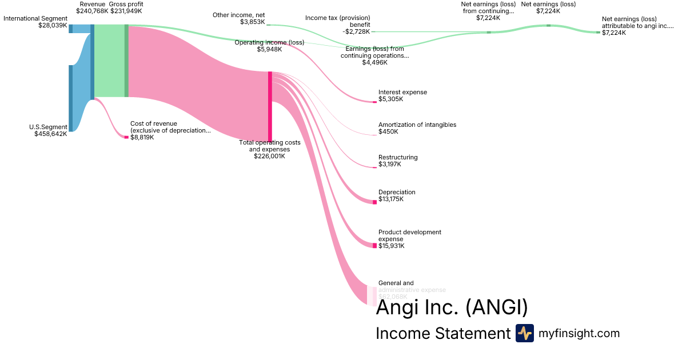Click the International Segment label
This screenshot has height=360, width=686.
click(x=35, y=18)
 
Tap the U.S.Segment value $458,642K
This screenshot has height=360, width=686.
click(x=50, y=134)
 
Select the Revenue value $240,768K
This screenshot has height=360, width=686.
click(x=92, y=11)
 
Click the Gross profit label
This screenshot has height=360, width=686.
click(x=126, y=4)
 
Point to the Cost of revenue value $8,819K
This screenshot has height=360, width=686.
click(x=142, y=137)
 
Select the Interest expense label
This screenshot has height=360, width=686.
click(x=402, y=92)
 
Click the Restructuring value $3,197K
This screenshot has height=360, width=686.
click(x=390, y=164)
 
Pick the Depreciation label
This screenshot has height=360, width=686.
click(x=397, y=192)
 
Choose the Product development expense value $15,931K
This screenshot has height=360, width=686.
click(x=392, y=246)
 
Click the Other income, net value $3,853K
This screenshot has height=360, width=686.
click(x=253, y=22)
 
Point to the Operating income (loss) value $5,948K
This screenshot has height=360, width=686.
click(x=269, y=49)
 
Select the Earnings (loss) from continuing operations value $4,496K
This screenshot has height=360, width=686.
click(x=374, y=62)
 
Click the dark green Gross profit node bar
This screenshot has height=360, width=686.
click(x=126, y=61)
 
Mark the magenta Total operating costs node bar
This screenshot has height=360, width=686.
click(x=270, y=106)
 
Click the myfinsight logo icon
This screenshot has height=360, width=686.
click(x=524, y=333)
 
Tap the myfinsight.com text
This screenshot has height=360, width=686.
click(x=579, y=333)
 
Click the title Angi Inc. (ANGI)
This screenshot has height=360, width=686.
click(x=452, y=308)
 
